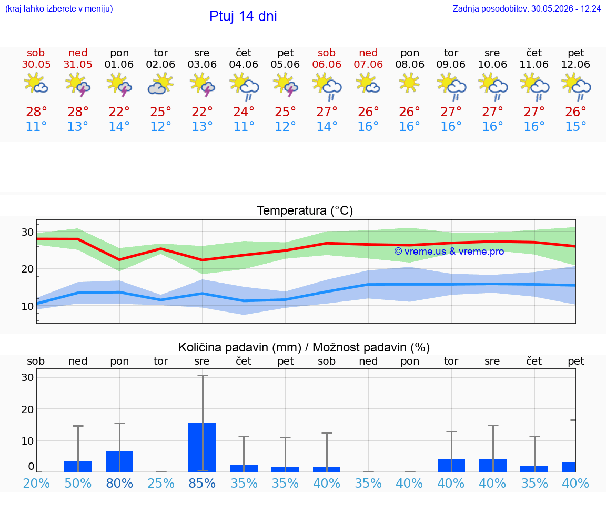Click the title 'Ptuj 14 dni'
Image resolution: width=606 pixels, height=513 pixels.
[243, 16]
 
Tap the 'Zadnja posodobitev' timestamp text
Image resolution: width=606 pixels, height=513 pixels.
[527, 8]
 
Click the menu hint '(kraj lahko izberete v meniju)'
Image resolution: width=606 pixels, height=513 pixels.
[59, 8]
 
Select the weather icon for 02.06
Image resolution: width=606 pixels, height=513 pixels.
[160, 84]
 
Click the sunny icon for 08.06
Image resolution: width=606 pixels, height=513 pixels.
[409, 83]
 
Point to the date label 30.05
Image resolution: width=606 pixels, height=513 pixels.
[36, 65]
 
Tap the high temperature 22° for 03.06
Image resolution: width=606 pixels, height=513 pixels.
[202, 112]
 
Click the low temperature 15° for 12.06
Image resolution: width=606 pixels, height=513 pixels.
[575, 126]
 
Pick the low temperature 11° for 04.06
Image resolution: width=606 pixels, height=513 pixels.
[244, 126]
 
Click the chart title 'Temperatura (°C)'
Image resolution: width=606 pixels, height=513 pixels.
[305, 210]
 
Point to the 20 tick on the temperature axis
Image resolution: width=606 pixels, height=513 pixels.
[27, 269]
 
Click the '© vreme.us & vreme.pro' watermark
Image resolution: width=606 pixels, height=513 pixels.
[449, 252]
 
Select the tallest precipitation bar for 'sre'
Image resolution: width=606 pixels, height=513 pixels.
[202, 447]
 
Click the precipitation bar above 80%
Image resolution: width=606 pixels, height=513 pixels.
[119, 461]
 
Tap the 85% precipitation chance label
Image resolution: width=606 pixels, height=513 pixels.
[202, 483]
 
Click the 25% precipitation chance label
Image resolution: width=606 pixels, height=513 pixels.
[161, 483]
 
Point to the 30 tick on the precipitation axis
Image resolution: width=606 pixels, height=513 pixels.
[27, 377]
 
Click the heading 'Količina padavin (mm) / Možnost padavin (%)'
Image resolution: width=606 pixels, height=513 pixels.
[304, 347]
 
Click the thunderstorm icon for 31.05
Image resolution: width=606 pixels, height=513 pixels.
[78, 84]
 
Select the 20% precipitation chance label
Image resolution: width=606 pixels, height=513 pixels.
[36, 483]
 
